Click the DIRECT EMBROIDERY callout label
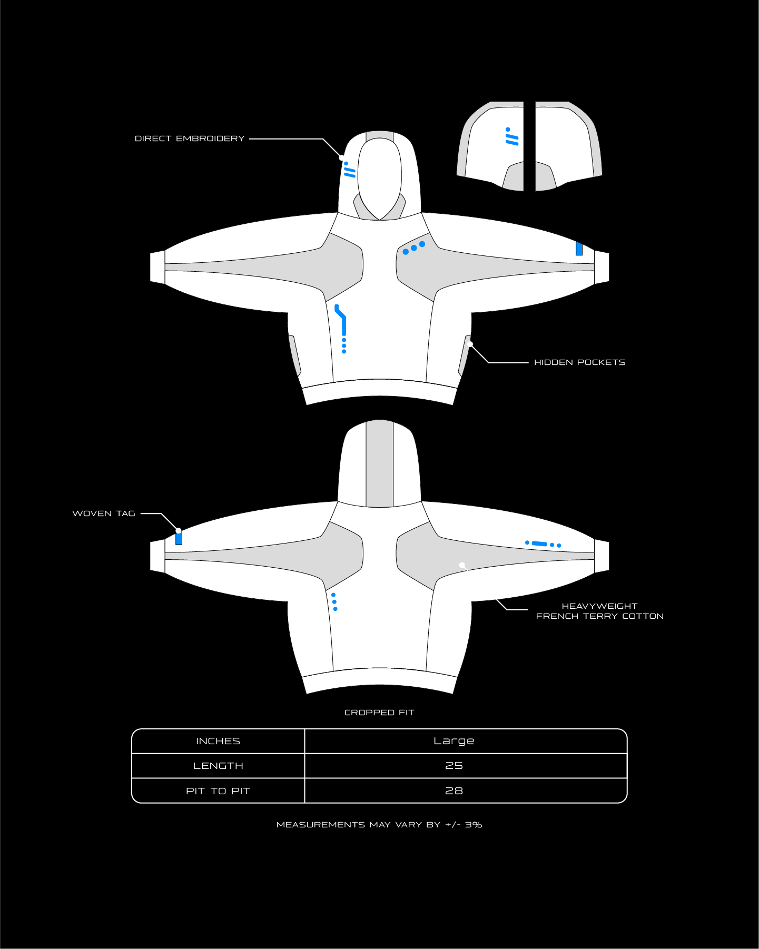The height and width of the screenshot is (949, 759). click(190, 139)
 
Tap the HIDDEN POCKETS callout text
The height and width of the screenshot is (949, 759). click(580, 362)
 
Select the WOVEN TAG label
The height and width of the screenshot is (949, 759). click(104, 513)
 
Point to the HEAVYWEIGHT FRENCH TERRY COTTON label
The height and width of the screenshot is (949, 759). click(600, 611)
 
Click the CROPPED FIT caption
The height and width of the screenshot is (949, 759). click(379, 713)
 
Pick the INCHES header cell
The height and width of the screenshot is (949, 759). click(218, 742)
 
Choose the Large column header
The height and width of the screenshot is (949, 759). click(454, 741)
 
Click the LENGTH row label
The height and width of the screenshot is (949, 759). click(218, 766)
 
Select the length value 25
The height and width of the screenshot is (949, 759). click(454, 766)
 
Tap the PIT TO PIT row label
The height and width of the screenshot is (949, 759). click(218, 791)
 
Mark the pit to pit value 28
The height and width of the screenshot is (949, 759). click(454, 791)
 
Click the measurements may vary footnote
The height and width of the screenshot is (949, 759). click(379, 825)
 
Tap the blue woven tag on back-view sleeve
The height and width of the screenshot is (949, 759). click(179, 538)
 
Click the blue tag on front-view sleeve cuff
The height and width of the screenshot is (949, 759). click(579, 249)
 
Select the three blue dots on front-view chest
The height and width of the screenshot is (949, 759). click(414, 248)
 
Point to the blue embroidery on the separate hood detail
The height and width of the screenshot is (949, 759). click(511, 136)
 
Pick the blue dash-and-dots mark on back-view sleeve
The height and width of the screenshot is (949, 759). click(543, 544)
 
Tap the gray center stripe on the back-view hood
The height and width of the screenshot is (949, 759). click(380, 463)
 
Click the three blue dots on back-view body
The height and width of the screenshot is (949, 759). click(334, 602)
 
